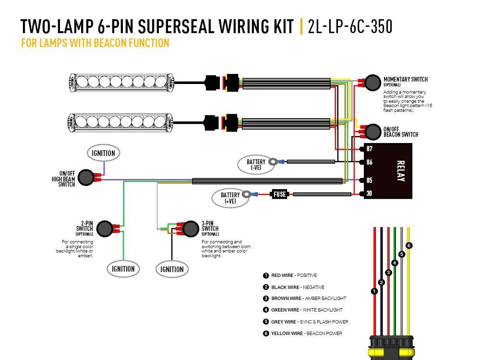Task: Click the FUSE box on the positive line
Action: [x=279, y=194]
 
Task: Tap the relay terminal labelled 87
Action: [x=369, y=149]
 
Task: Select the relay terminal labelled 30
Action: [x=369, y=194]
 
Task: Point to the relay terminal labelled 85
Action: [x=369, y=181]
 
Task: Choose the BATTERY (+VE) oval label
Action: [x=230, y=198]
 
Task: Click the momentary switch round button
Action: [x=372, y=83]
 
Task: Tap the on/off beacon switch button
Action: [x=372, y=131]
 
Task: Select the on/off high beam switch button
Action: [x=85, y=177]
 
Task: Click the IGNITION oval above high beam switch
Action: [x=103, y=153]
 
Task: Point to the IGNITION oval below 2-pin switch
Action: [x=123, y=269]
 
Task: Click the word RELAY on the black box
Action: [x=401, y=171]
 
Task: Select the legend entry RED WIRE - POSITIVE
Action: [x=293, y=276]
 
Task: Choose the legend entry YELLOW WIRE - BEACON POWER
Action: [x=306, y=333]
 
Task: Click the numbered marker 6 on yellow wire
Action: [x=408, y=246]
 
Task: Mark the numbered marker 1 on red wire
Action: [x=374, y=291]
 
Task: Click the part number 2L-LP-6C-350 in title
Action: [x=350, y=27]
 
